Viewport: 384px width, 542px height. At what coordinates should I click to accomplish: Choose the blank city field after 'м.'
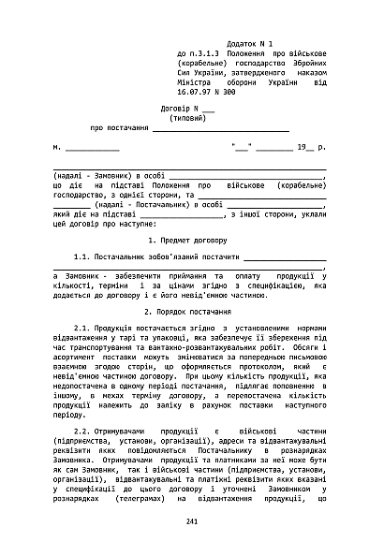(93, 148)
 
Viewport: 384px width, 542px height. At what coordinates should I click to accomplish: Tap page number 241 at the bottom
(192, 520)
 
